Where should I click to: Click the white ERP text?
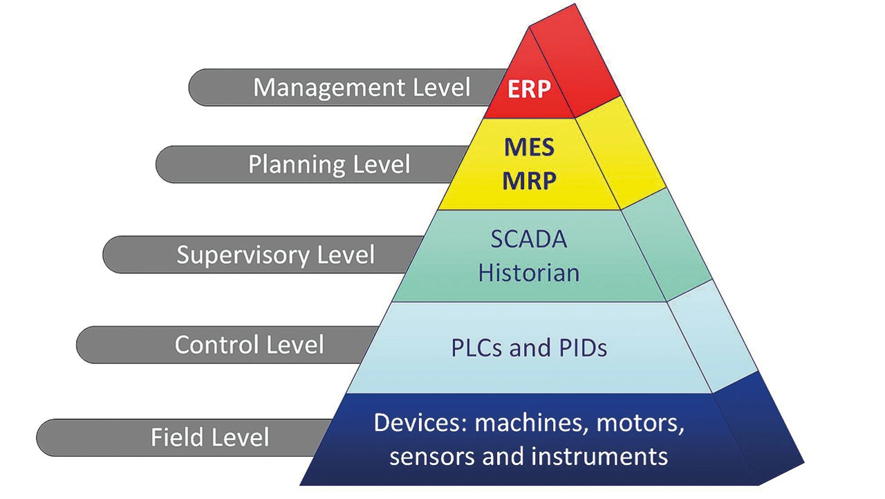point(529,89)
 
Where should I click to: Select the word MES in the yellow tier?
point(530,147)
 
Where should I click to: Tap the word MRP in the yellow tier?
point(530,181)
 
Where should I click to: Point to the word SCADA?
point(529,239)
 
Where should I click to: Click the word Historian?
point(529,273)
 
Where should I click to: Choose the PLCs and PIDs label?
point(529,348)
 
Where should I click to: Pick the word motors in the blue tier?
point(640,423)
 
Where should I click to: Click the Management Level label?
point(362,87)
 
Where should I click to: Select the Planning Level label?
point(329,164)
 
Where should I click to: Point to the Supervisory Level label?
point(275,255)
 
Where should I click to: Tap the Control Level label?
point(250,345)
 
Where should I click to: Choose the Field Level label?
point(209,437)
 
